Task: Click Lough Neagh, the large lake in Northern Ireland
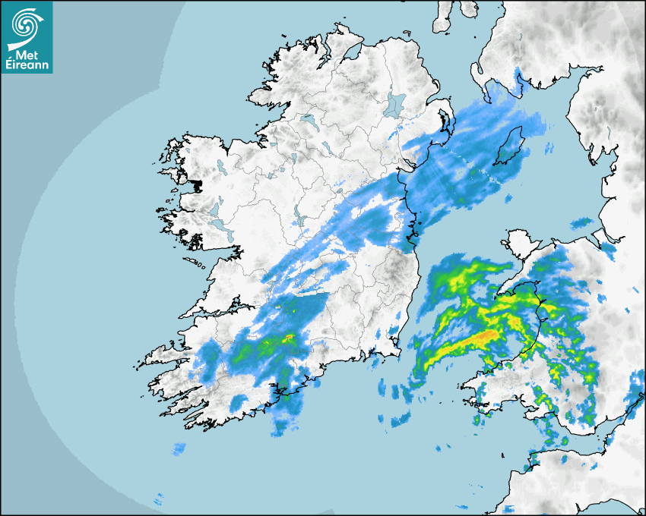point(394,104)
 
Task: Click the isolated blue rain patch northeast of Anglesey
point(581,222)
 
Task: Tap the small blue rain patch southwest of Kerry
point(179,448)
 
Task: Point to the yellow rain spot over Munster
point(289,338)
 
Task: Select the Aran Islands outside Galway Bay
point(194,263)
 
